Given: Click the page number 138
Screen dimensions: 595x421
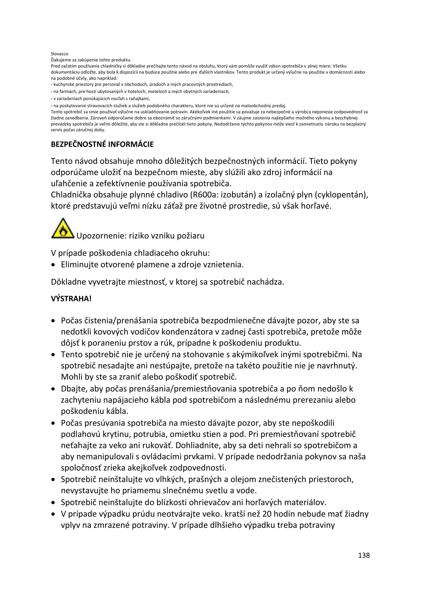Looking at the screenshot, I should click(x=364, y=555).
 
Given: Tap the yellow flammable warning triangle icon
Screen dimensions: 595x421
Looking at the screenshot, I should click(x=63, y=229).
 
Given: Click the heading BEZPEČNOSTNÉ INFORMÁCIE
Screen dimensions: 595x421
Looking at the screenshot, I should click(x=102, y=145).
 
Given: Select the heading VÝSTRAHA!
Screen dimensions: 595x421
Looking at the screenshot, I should click(x=71, y=299).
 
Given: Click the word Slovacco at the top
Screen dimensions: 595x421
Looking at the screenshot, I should click(x=59, y=54).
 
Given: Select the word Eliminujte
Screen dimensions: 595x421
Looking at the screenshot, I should click(x=80, y=265).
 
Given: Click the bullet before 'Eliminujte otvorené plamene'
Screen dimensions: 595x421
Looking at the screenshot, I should click(x=53, y=265).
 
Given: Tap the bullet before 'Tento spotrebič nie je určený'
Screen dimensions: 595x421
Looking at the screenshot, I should click(x=53, y=354).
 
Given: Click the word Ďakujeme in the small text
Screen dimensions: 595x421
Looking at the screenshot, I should click(x=61, y=60).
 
